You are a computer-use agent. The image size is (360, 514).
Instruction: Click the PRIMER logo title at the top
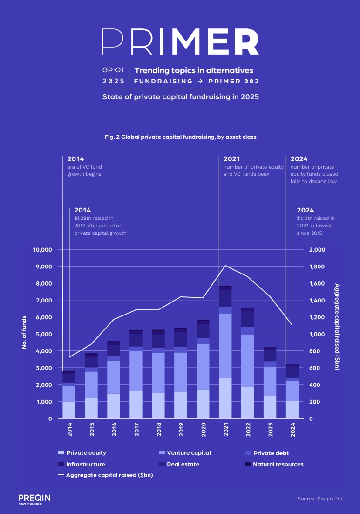(180, 41)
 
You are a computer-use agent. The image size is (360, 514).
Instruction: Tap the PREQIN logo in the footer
(34, 498)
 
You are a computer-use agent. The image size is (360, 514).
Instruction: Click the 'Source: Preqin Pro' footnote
(319, 499)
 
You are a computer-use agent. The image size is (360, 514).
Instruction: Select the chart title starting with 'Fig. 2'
(180, 137)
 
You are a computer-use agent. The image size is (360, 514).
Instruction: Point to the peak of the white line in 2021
(225, 266)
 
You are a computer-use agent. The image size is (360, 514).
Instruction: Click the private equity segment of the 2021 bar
(225, 398)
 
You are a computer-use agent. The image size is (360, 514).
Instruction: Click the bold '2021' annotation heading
(232, 159)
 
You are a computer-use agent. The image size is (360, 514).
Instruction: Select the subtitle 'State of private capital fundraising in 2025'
(180, 97)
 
